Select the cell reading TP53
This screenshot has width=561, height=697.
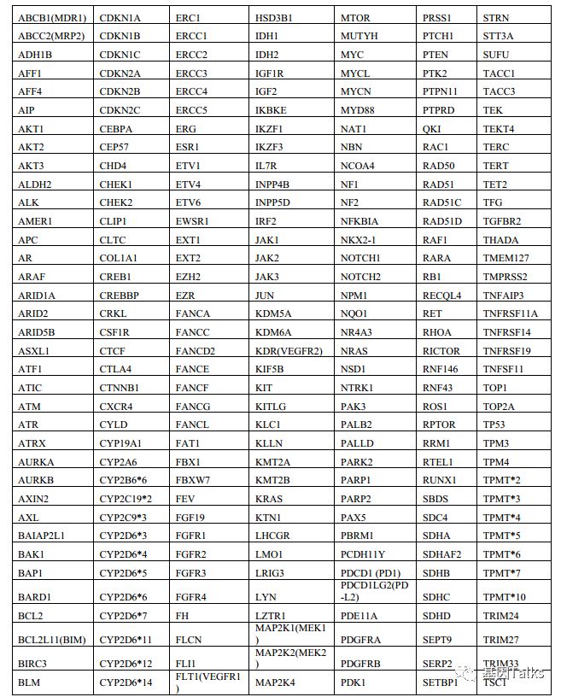pos(495,425)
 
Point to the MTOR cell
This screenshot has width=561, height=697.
pos(355,17)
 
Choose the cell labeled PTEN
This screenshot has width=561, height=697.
pos(435,55)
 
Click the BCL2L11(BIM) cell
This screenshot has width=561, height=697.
pos(52,639)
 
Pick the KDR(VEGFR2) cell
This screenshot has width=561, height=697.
pos(289,350)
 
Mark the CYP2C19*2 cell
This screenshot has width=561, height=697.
pos(126,498)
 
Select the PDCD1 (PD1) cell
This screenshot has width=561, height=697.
pos(370,572)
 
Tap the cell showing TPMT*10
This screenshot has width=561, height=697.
pos(505,596)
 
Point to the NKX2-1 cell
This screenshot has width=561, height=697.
pos(359,240)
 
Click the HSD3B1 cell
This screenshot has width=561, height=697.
pos(274,17)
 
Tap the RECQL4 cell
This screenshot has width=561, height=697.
pos(442,296)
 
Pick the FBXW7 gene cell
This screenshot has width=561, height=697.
pos(192,480)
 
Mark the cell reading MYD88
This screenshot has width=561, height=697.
pos(358,110)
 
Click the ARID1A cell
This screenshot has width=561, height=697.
pos(37,296)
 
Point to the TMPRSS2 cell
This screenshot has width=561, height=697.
pos(505,277)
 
